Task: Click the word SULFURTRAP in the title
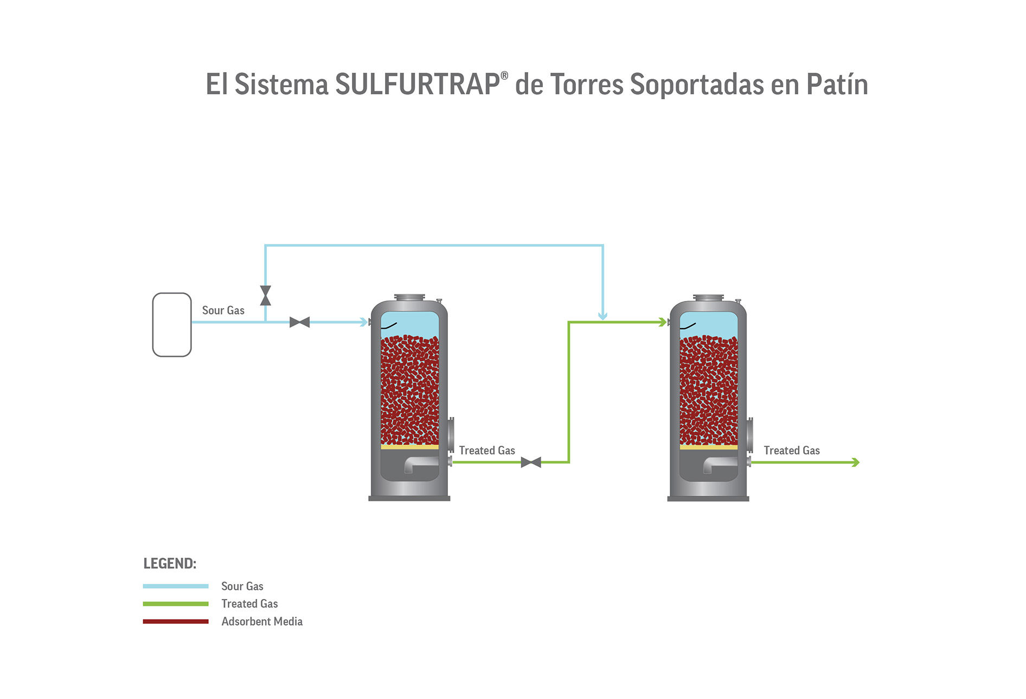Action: pos(417,85)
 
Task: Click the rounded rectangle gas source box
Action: pos(172,325)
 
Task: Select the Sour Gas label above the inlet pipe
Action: pos(223,310)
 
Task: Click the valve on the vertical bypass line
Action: pos(265,296)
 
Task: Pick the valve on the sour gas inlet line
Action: pos(299,322)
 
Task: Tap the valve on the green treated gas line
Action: pos(531,462)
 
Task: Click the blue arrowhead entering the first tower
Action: pos(364,322)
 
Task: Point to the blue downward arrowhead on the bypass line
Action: pos(602,315)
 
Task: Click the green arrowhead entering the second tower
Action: pos(662,322)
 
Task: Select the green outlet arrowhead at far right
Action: pos(855,462)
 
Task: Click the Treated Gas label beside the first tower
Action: pos(487,450)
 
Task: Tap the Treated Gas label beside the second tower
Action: pos(792,450)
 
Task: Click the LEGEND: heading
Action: pos(170,563)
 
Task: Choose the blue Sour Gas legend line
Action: pos(176,586)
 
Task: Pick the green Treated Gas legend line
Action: pos(176,604)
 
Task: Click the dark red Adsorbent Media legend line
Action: pos(176,621)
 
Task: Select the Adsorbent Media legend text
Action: pos(262,621)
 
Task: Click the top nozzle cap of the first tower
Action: pos(409,297)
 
